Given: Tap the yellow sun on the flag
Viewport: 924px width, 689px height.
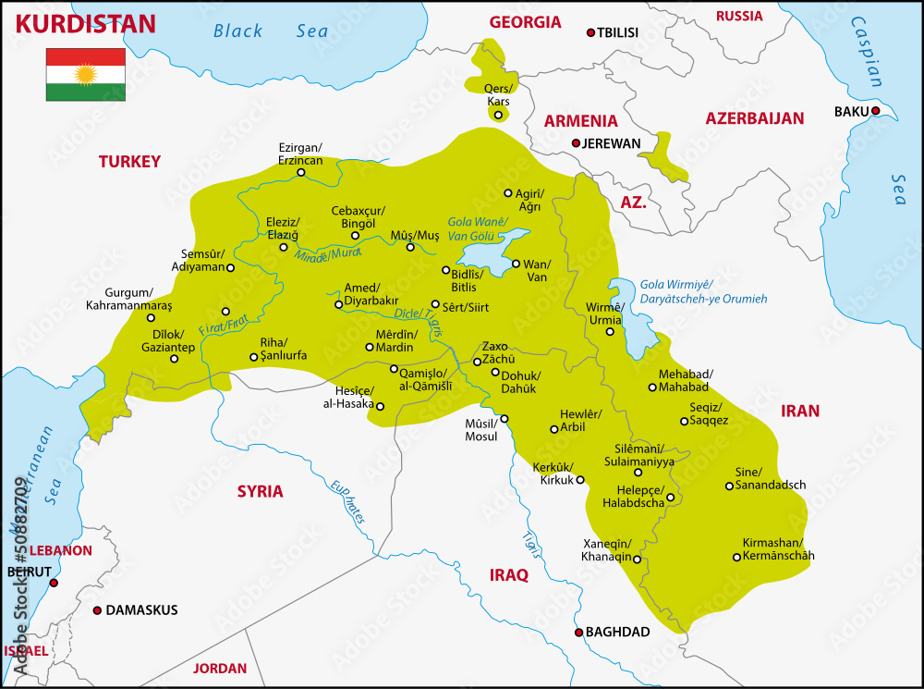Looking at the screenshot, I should pyautogui.click(x=86, y=74).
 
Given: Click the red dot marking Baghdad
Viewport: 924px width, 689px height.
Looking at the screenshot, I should pyautogui.click(x=579, y=633).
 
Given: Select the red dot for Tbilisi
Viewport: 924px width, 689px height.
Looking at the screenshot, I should pyautogui.click(x=590, y=32).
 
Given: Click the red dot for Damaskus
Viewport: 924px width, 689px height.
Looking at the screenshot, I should pyautogui.click(x=97, y=610).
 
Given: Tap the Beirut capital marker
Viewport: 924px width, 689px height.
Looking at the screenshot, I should pyautogui.click(x=54, y=584).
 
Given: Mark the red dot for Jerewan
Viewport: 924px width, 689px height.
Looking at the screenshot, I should pyautogui.click(x=576, y=143).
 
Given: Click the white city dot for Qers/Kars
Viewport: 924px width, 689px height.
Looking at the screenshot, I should pyautogui.click(x=498, y=116).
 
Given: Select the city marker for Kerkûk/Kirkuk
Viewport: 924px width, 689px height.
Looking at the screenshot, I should pyautogui.click(x=580, y=480).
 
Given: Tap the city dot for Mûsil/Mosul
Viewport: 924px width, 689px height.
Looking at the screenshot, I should pyautogui.click(x=505, y=419).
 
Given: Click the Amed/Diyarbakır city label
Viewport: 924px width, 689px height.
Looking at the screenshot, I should pyautogui.click(x=371, y=294).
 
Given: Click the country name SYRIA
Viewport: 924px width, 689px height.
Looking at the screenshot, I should pyautogui.click(x=260, y=491).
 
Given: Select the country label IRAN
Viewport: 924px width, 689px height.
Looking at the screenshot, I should pyautogui.click(x=800, y=411).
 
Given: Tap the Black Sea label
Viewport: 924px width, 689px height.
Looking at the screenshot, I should pyautogui.click(x=270, y=31).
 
